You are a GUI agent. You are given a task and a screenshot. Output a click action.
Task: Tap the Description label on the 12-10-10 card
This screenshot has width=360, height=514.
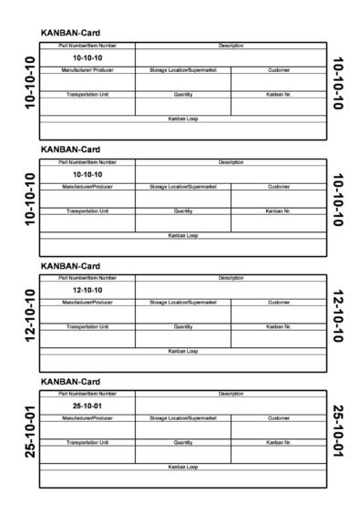231,277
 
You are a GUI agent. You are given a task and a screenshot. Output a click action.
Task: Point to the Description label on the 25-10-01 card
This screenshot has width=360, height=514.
231,394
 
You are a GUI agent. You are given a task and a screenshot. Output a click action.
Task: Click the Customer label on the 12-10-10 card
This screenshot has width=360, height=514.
279,302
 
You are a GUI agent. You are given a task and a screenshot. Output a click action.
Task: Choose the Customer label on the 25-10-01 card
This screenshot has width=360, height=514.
279,418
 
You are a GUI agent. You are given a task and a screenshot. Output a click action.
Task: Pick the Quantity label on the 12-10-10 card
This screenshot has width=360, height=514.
183,326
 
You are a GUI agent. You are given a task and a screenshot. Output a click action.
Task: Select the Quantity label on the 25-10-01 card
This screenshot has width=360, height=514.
183,442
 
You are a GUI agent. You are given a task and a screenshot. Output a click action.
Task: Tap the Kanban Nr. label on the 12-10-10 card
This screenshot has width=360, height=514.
279,326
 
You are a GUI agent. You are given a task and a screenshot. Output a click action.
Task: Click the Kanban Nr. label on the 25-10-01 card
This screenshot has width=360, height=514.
279,442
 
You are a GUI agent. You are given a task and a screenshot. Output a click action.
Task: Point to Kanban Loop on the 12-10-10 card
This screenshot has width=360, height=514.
183,351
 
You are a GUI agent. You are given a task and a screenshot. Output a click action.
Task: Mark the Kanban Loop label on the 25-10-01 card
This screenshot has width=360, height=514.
183,467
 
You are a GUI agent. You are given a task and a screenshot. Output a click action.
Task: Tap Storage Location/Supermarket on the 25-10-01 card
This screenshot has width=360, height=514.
183,418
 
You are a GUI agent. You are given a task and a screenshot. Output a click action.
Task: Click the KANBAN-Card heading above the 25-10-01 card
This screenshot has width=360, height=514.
70,382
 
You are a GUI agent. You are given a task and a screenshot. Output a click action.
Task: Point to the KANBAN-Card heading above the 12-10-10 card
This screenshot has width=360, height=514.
70,266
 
